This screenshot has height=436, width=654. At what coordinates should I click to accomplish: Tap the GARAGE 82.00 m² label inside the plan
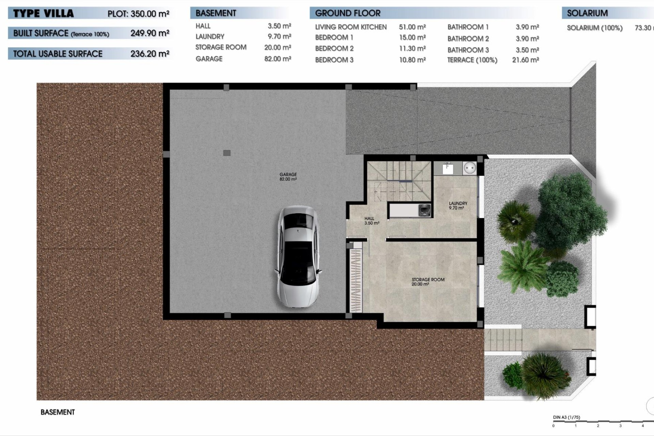pyautogui.click(x=288, y=176)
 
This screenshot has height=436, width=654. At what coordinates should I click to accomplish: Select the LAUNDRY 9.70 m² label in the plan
pyautogui.click(x=458, y=205)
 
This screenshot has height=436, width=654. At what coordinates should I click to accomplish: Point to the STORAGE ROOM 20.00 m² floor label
pyautogui.click(x=428, y=281)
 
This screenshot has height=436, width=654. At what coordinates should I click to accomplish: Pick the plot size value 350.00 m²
pyautogui.click(x=150, y=14)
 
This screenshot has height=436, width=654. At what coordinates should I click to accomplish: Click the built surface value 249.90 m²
pyautogui.click(x=150, y=33)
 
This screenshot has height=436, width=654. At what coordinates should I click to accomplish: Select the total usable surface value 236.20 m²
pyautogui.click(x=150, y=53)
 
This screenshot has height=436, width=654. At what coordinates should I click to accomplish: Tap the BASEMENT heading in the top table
pyautogui.click(x=216, y=13)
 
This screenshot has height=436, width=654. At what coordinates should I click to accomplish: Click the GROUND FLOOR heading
pyautogui.click(x=347, y=13)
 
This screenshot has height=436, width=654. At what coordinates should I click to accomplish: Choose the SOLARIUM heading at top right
pyautogui.click(x=587, y=13)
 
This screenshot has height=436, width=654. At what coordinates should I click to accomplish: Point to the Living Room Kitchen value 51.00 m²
pyautogui.click(x=412, y=27)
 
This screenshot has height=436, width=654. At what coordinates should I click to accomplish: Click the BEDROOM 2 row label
pyautogui.click(x=334, y=48)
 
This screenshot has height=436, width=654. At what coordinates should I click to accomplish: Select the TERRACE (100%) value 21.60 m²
pyautogui.click(x=525, y=60)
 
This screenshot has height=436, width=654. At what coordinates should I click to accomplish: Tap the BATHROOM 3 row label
pyautogui.click(x=468, y=50)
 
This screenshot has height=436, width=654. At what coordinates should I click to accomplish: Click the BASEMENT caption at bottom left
pyautogui.click(x=58, y=412)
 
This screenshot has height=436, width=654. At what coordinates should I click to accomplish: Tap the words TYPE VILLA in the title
pyautogui.click(x=43, y=14)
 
